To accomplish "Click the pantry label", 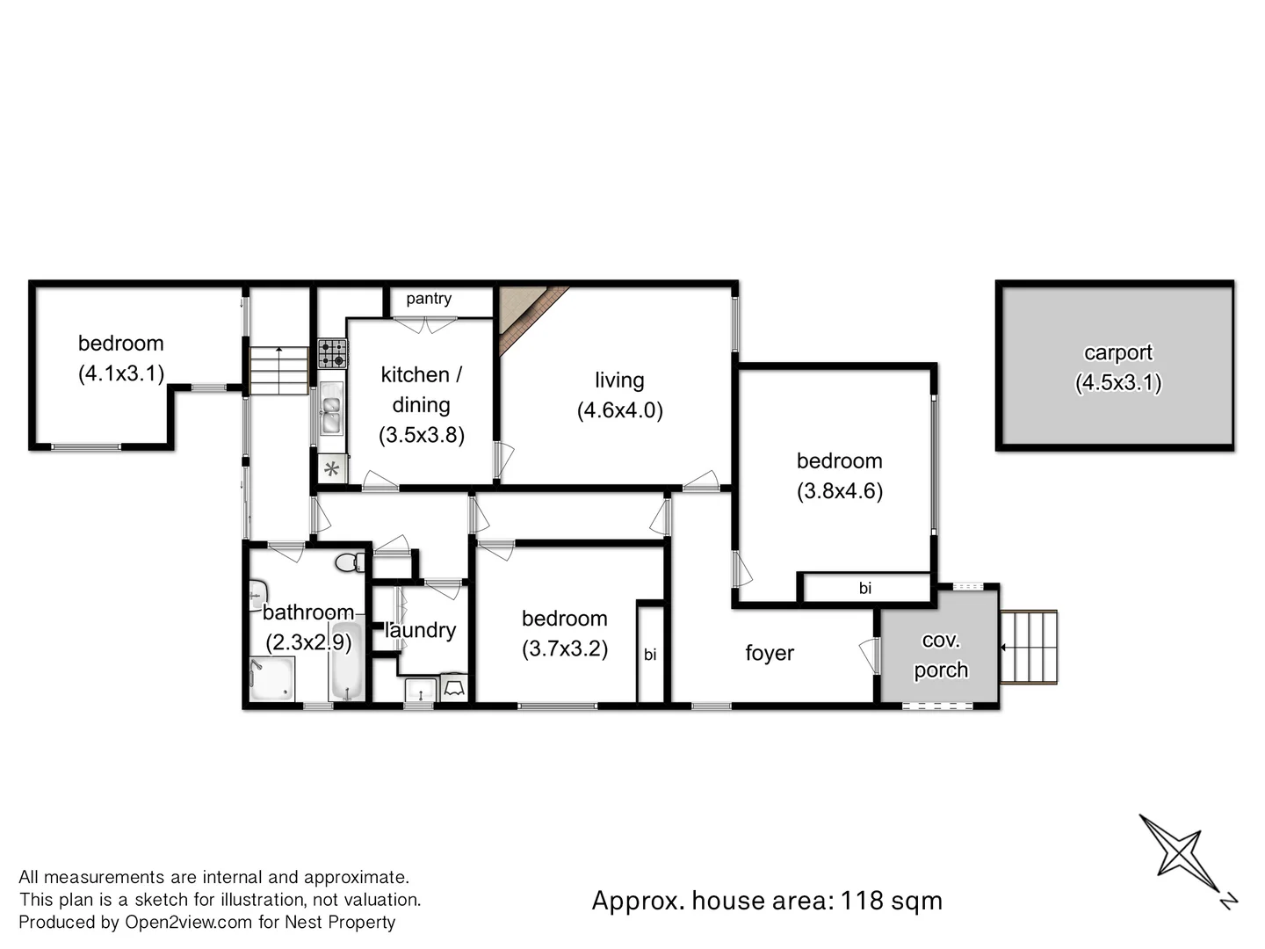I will coord(429,299).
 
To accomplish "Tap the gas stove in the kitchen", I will coord(332,354).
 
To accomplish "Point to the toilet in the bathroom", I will coord(349,562).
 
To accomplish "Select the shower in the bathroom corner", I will coord(271,678).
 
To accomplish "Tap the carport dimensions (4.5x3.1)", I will coord(1117,383).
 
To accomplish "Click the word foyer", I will coord(769,653).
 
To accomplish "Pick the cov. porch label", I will coord(940,656).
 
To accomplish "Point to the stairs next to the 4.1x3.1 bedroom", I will coord(278,370).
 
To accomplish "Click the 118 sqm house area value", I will coord(891,901).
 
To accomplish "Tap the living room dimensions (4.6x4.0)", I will coord(619,410).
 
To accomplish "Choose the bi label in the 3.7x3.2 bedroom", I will coord(650,655).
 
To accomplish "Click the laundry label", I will coord(421,630).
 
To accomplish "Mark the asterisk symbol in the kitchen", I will coord(331,469).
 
